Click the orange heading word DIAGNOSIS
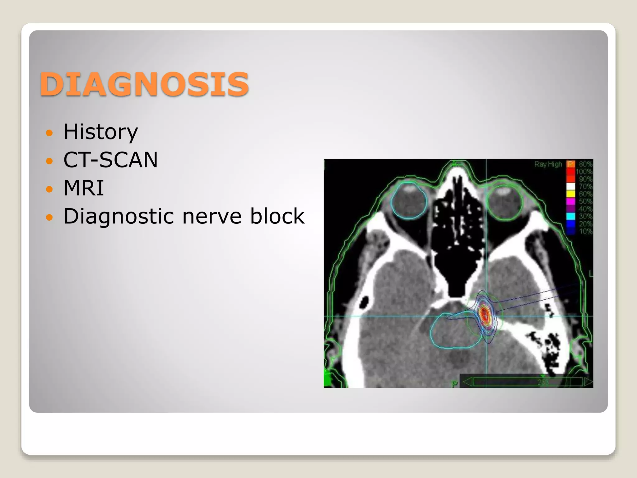[144, 84]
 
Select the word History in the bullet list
[100, 132]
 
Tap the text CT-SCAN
[110, 160]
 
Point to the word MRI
[84, 188]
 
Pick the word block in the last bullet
[277, 216]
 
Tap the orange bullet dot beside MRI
[49, 189]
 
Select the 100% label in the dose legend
[584, 171]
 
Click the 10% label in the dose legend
[586, 231]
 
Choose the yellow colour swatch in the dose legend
[571, 194]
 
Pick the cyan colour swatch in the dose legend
[571, 216]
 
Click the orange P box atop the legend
[570, 164]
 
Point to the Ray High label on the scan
[548, 164]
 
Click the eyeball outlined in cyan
[409, 201]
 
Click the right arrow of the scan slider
[588, 382]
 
